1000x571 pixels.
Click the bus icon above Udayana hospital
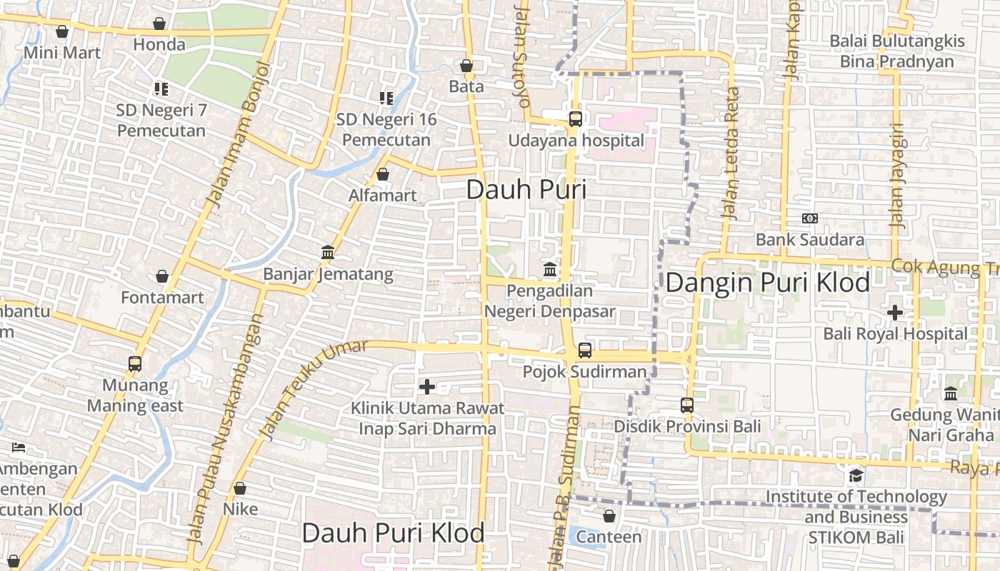click(575, 119)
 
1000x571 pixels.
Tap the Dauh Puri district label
click(526, 190)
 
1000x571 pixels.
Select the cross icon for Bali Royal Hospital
click(894, 312)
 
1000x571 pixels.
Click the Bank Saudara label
click(809, 239)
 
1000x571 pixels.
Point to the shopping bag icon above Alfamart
click(383, 174)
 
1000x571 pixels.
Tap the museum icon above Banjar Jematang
click(328, 252)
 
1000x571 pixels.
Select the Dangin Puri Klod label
click(767, 283)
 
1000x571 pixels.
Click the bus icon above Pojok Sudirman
click(584, 350)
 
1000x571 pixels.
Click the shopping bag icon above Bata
click(466, 66)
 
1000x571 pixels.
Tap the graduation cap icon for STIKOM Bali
click(856, 475)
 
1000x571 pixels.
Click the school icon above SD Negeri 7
click(161, 89)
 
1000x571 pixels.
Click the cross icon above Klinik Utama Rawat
click(426, 387)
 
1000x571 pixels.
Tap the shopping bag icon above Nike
click(240, 488)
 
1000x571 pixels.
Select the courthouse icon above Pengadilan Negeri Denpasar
click(550, 270)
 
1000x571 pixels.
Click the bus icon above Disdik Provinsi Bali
click(686, 405)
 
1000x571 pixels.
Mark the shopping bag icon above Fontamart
click(162, 276)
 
